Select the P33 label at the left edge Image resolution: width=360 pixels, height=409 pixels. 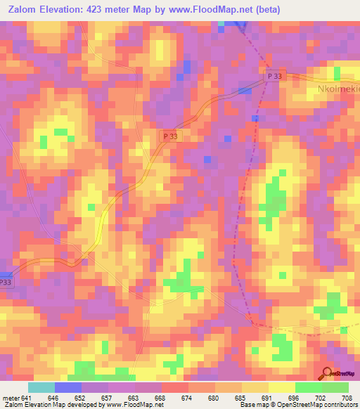(x=6, y=282)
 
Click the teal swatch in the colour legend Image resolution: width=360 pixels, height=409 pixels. (x=41, y=387)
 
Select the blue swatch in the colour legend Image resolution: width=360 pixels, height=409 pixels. (x=68, y=387)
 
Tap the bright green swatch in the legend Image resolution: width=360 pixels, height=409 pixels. (x=308, y=387)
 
